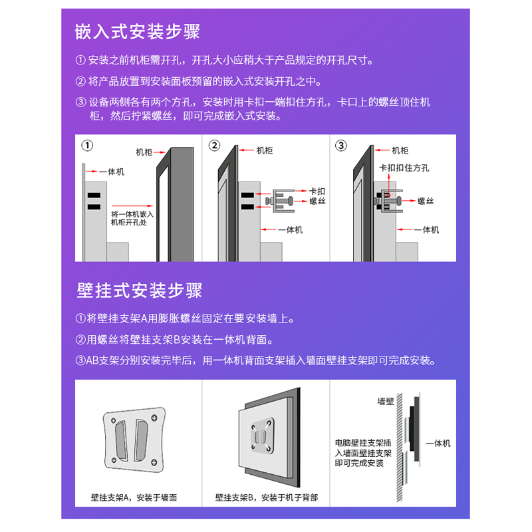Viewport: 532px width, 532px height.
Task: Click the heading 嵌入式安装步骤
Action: pyautogui.click(x=138, y=31)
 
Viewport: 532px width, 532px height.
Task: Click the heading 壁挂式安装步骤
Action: pyautogui.click(x=140, y=291)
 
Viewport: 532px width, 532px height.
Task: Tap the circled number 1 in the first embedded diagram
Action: pyautogui.click(x=87, y=146)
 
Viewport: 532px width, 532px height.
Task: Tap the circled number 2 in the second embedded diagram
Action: pyautogui.click(x=214, y=146)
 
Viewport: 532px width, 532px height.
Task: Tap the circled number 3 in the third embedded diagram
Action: pyautogui.click(x=341, y=146)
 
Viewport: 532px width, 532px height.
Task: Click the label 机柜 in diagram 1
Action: pyautogui.click(x=144, y=152)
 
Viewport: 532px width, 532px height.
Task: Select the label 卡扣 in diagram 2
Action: pyautogui.click(x=317, y=191)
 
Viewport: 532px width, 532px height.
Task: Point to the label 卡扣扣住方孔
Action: pyautogui.click(x=404, y=168)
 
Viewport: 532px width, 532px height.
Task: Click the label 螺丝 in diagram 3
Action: pyautogui.click(x=426, y=201)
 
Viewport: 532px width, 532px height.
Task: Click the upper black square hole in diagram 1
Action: pyautogui.click(x=94, y=195)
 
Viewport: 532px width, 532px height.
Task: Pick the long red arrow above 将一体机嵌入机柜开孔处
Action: pyautogui.click(x=132, y=205)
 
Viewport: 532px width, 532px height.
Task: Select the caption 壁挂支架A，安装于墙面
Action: pyautogui.click(x=134, y=497)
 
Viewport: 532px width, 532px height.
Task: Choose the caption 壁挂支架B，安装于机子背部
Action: pyautogui.click(x=267, y=497)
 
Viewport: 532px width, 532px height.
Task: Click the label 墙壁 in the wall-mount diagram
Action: pyautogui.click(x=386, y=402)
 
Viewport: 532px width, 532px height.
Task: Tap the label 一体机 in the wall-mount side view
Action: pyautogui.click(x=438, y=443)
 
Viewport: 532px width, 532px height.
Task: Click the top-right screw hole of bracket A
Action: pyautogui.click(x=154, y=418)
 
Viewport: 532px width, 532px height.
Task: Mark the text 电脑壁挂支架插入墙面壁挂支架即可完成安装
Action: pyautogui.click(x=363, y=453)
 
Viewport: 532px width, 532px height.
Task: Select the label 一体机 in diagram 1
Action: pyautogui.click(x=112, y=172)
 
